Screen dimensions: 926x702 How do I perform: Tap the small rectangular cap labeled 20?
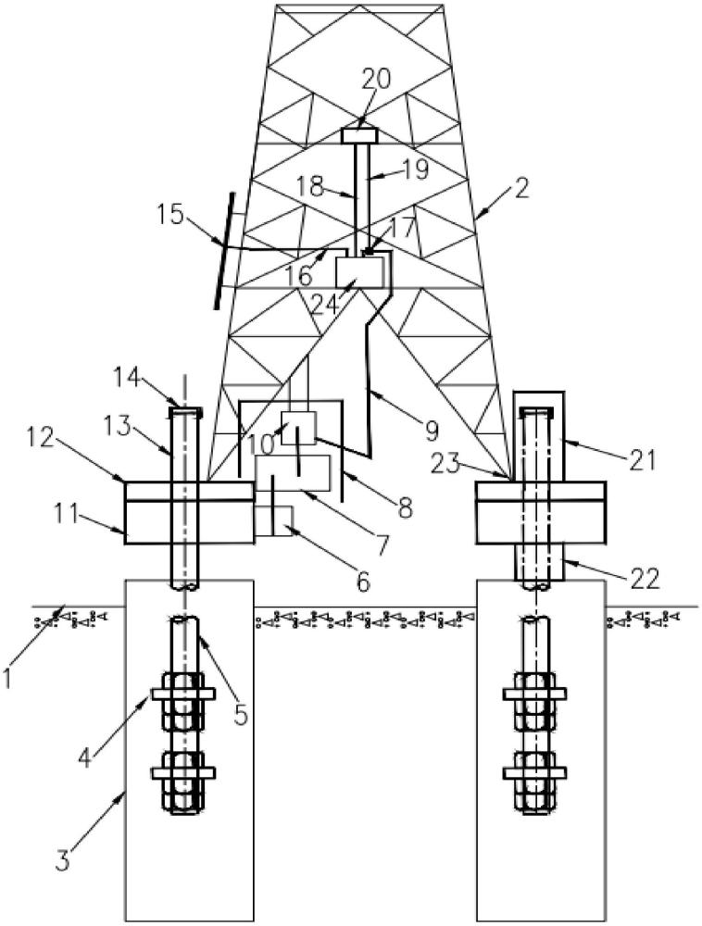pos(360,135)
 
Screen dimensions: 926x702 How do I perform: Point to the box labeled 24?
pos(359,271)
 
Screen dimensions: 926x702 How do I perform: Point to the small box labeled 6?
pos(273,521)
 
